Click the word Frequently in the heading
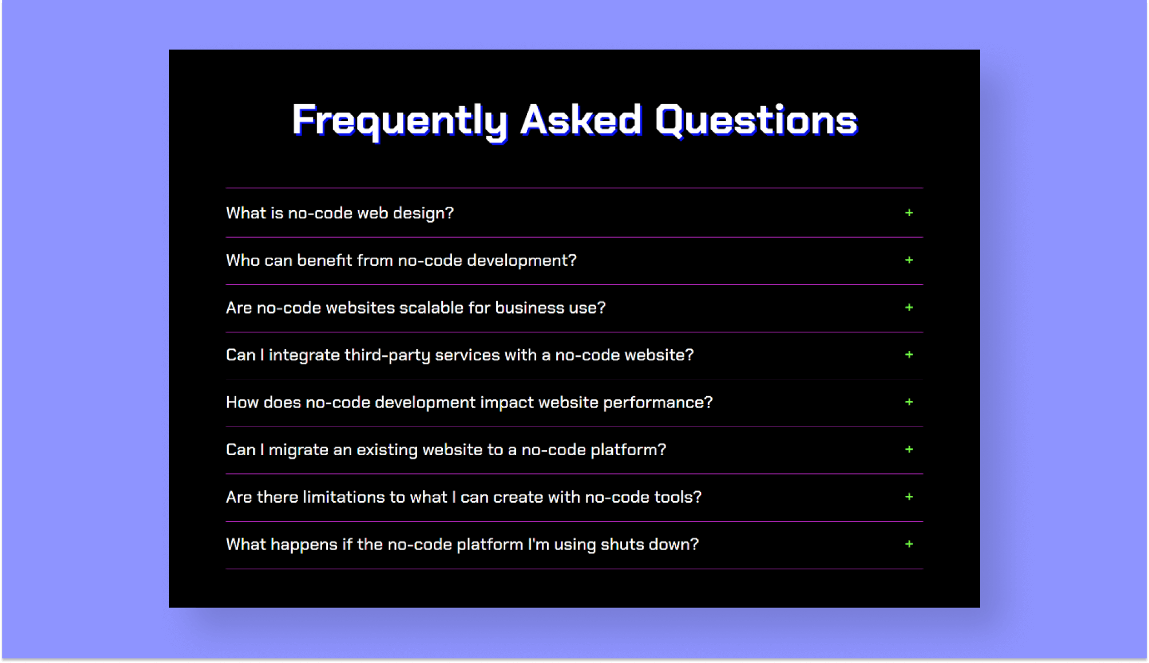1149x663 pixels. pos(399,120)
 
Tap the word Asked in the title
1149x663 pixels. pos(580,120)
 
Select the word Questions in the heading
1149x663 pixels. pos(756,120)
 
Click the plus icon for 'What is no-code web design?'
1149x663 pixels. pos(909,213)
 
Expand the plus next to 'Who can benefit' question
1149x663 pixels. pos(909,261)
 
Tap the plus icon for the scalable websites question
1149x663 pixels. pos(909,307)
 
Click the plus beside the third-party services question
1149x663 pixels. pos(909,355)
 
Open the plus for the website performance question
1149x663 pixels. pos(909,402)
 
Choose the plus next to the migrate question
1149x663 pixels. pos(909,449)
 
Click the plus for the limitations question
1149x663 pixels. pos(909,497)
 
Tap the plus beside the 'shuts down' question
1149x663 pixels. pos(909,544)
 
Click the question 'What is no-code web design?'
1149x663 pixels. pos(339,213)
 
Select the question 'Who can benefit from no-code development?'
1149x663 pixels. pos(401,261)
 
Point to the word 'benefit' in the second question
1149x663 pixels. pos(324,261)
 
